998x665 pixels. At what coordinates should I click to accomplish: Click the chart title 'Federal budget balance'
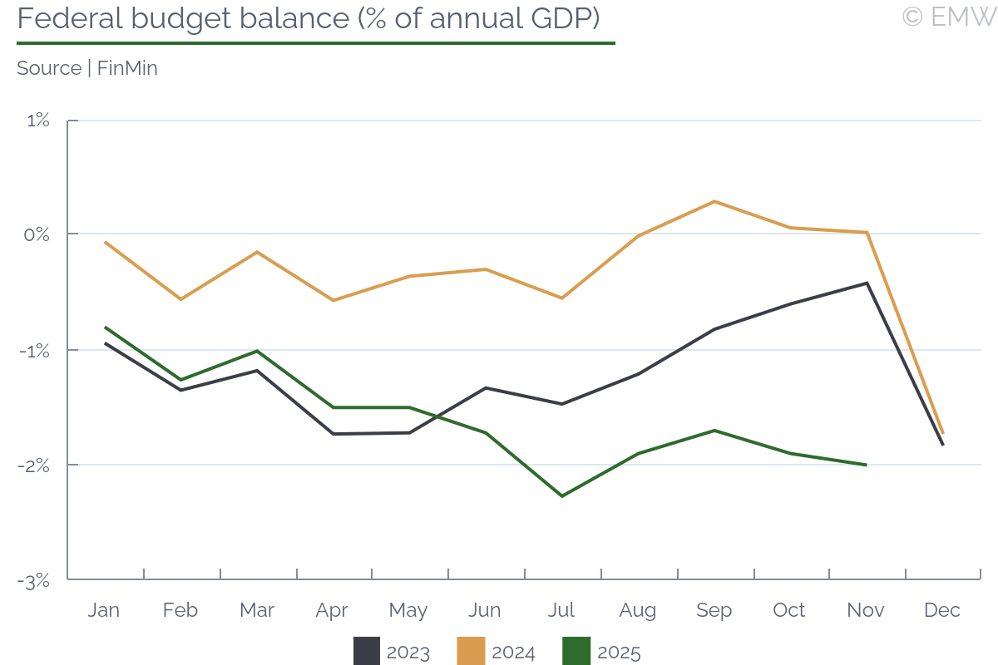click(308, 18)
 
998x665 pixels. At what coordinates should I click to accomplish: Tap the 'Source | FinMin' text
click(87, 68)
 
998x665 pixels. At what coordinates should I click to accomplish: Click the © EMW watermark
click(948, 17)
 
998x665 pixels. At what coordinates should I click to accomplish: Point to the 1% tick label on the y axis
click(38, 121)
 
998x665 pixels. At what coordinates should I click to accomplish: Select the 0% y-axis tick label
click(37, 234)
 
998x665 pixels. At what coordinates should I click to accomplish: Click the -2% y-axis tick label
click(35, 465)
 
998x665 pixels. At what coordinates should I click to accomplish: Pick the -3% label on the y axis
click(35, 580)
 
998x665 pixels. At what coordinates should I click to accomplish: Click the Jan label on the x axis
click(104, 610)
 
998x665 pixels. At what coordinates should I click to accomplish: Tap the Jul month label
click(561, 610)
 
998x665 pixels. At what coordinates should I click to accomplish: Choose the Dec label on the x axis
click(942, 610)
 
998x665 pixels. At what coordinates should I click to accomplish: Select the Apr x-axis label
click(332, 610)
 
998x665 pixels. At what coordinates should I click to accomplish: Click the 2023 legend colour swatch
click(367, 652)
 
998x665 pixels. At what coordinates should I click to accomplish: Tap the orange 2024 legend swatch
click(472, 652)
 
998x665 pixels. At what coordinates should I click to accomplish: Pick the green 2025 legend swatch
click(577, 652)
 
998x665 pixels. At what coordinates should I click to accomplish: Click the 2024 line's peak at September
click(714, 201)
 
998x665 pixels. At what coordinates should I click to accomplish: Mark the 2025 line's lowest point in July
click(562, 496)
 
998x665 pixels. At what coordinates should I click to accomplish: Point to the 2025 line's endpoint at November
click(867, 465)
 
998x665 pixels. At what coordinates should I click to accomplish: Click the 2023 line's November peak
click(867, 283)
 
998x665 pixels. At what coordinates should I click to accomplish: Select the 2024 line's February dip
click(180, 299)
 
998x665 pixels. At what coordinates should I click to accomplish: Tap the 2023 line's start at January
click(105, 342)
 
